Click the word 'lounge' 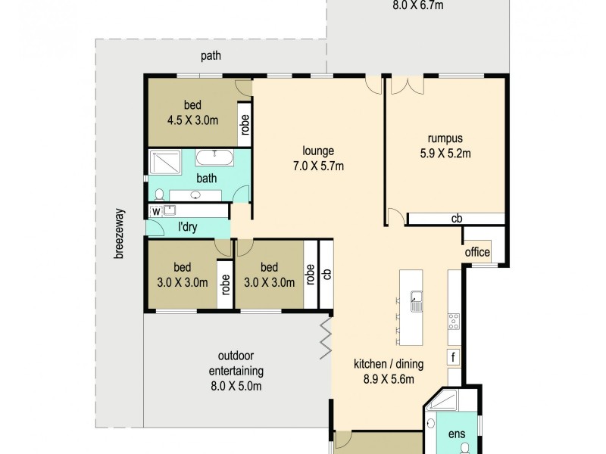coord(317,151)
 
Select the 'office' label coord(477,253)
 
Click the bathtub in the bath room coord(215,157)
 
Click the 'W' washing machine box coord(156,211)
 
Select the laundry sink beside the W coord(170,210)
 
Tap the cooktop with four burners coord(454,321)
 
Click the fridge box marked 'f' coord(453,357)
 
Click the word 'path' coord(211,55)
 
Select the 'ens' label coord(457,434)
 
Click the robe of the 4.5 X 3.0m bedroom coord(245,123)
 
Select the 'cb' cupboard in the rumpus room coord(456,219)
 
